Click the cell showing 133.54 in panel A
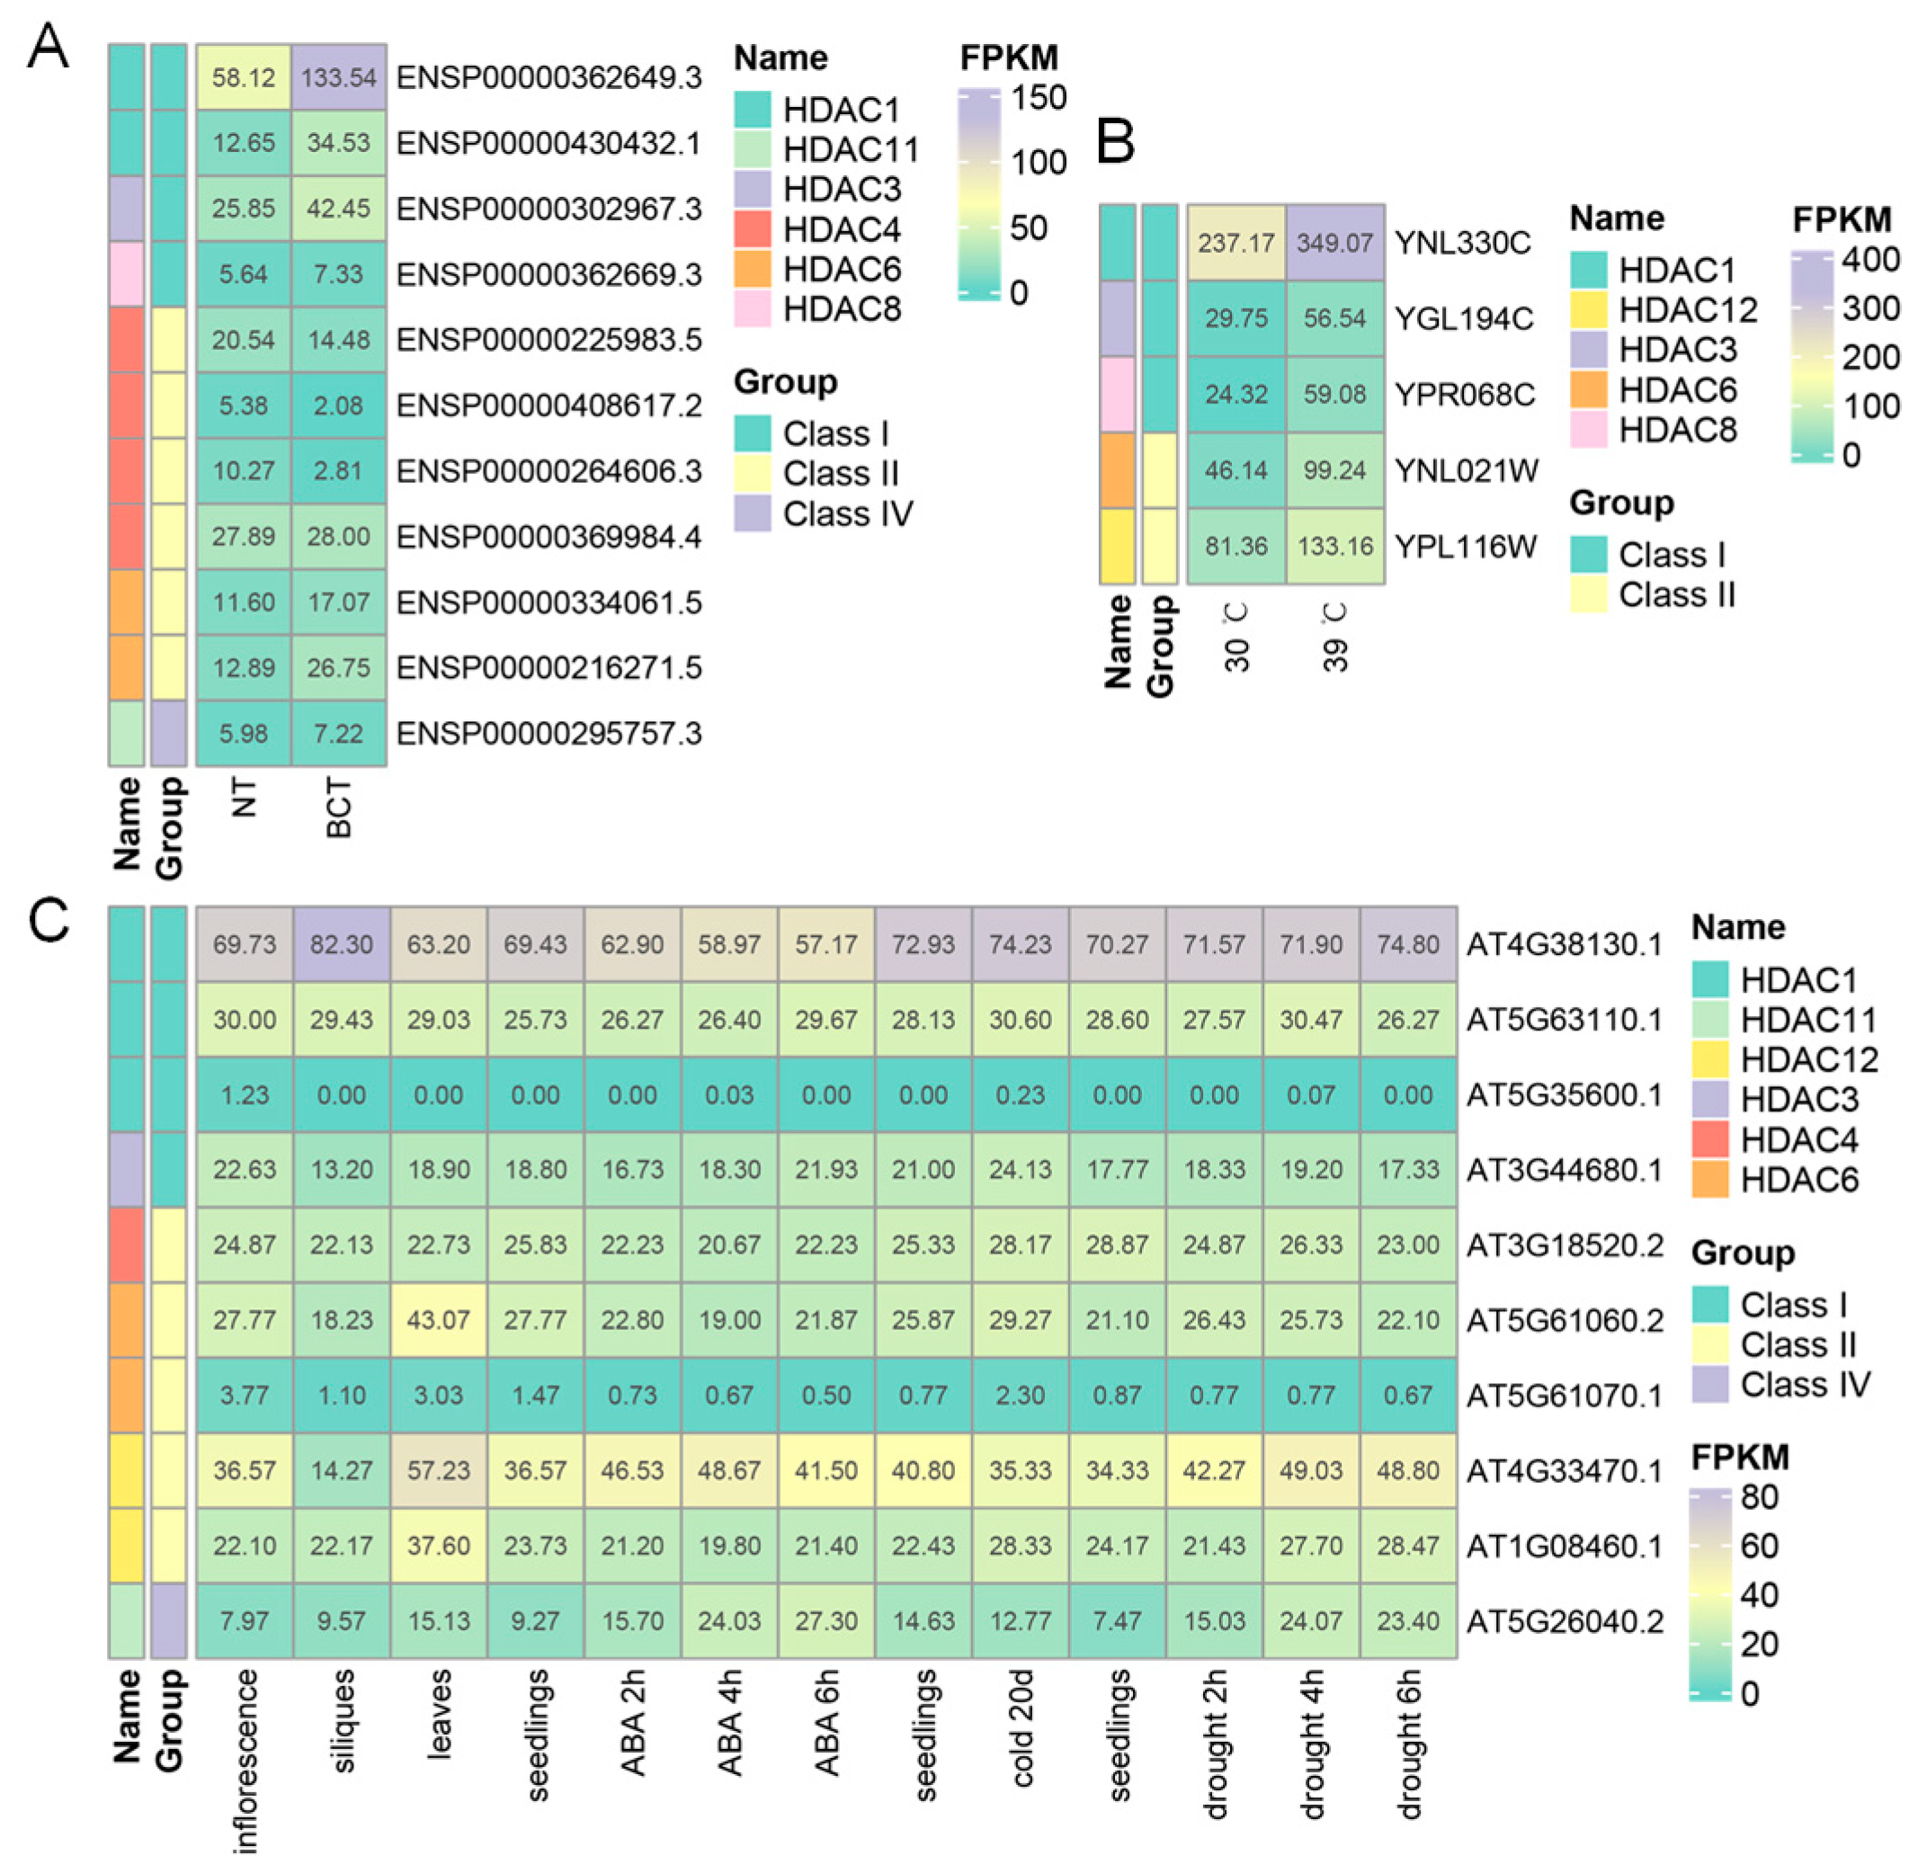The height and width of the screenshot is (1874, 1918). [x=338, y=76]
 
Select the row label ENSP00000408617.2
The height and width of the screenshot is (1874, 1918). [x=549, y=406]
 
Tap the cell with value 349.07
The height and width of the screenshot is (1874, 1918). [x=1334, y=242]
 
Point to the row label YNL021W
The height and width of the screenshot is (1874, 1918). [x=1466, y=470]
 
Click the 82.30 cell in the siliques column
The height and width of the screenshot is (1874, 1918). [x=342, y=944]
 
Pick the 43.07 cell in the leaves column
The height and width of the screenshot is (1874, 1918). [x=439, y=1320]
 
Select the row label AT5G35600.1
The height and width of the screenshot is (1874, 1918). [x=1564, y=1094]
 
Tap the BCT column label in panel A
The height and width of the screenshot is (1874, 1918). [x=338, y=808]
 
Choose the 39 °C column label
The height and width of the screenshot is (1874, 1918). [x=1334, y=638]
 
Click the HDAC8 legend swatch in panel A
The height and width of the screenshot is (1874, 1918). [x=753, y=309]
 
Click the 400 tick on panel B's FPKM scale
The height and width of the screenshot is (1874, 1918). [x=1869, y=259]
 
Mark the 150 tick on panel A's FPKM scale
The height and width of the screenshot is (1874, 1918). [x=1039, y=97]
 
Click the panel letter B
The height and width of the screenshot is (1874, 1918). [x=1115, y=141]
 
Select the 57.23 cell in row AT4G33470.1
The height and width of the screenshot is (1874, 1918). [x=439, y=1470]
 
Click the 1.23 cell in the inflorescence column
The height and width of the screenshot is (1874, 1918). [x=245, y=1094]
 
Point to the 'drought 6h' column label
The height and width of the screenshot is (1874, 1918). [x=1408, y=1745]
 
